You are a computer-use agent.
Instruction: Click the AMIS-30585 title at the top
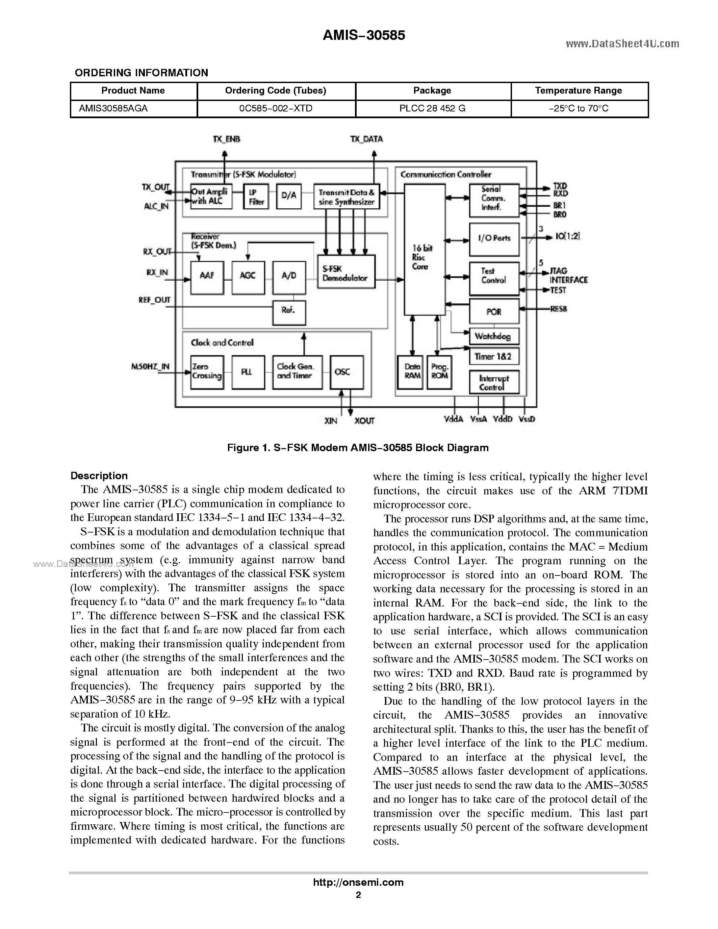coord(364,35)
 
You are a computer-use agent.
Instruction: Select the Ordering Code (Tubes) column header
coord(275,91)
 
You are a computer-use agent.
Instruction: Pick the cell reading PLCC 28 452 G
coord(432,108)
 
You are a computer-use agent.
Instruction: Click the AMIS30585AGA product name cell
coord(113,108)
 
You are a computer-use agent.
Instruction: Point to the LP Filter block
coord(256,197)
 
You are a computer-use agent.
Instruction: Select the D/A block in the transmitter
coord(289,196)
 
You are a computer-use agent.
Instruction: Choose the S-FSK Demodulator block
coord(346,272)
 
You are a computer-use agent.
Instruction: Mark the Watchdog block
coord(493,336)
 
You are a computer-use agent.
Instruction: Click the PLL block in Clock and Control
coord(248,372)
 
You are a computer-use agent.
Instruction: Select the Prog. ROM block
coord(439,372)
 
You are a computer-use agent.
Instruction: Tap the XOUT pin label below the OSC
coord(364,421)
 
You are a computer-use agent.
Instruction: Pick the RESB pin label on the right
coord(559,309)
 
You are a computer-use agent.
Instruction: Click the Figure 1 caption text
coord(358,447)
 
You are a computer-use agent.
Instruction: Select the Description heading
coord(99,475)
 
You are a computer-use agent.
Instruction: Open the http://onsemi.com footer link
coord(358,882)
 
